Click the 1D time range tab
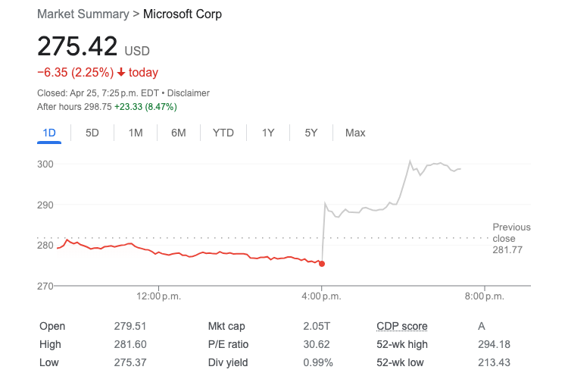(49, 133)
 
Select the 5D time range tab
(92, 133)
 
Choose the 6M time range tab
(179, 133)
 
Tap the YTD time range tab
(223, 133)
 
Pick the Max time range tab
(355, 133)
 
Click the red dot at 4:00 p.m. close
(323, 264)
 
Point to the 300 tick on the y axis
(45, 164)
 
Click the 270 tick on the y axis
(45, 286)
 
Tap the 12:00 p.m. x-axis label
(160, 296)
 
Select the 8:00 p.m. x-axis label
(485, 296)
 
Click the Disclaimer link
(189, 93)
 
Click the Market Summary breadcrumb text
(82, 14)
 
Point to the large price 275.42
(77, 47)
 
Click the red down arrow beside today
(121, 73)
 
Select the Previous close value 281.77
(507, 249)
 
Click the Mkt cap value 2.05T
(317, 326)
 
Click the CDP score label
(402, 326)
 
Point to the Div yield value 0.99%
(317, 362)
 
